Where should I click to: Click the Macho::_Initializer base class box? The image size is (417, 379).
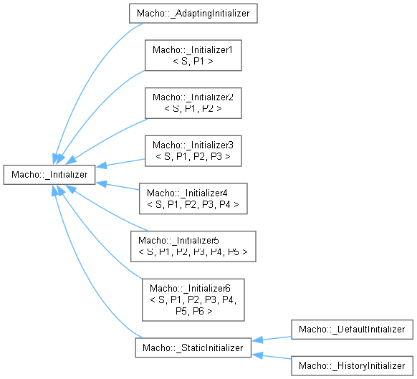[x=49, y=175]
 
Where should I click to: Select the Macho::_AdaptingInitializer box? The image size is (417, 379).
[x=193, y=14]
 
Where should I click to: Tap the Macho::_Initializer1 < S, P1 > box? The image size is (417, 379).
[x=193, y=55]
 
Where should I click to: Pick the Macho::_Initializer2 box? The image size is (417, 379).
[x=193, y=103]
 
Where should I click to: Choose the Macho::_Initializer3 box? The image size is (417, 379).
[x=193, y=150]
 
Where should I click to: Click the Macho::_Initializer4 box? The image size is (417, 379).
[x=193, y=198]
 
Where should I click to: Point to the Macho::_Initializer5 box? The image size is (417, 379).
[x=193, y=246]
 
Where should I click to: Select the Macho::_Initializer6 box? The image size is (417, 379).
[x=193, y=299]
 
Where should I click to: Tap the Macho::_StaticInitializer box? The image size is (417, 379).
[x=193, y=347]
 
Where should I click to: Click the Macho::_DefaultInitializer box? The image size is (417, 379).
[x=352, y=330]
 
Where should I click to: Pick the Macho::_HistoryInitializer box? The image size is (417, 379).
[x=352, y=365]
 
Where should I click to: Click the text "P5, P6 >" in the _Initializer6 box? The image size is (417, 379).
[x=194, y=311]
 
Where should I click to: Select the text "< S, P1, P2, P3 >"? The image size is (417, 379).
[x=193, y=157]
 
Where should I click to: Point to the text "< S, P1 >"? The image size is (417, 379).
[x=193, y=61]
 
